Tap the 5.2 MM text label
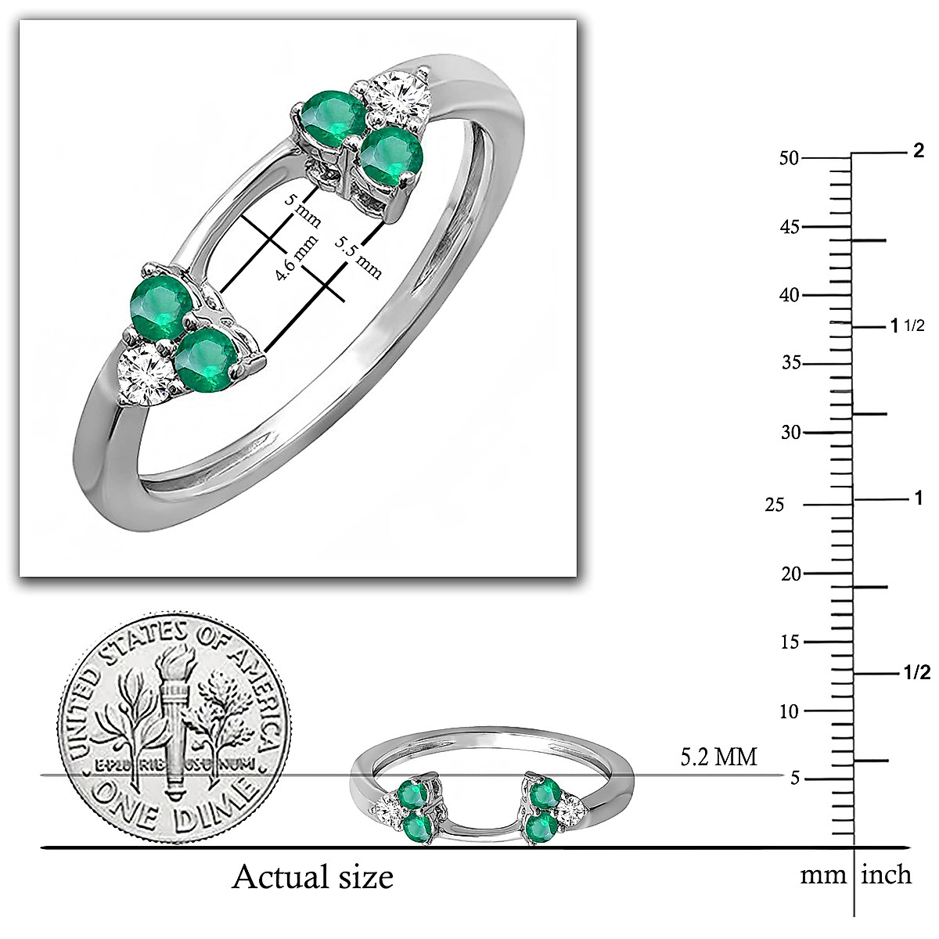pos(718,757)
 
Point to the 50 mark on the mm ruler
pos(789,157)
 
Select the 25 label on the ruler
pos(774,505)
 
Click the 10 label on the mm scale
pos(789,711)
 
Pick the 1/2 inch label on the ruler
pos(916,673)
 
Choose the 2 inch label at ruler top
pos(919,151)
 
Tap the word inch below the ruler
pos(887,874)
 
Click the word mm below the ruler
pos(822,875)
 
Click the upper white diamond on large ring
pos(400,97)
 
